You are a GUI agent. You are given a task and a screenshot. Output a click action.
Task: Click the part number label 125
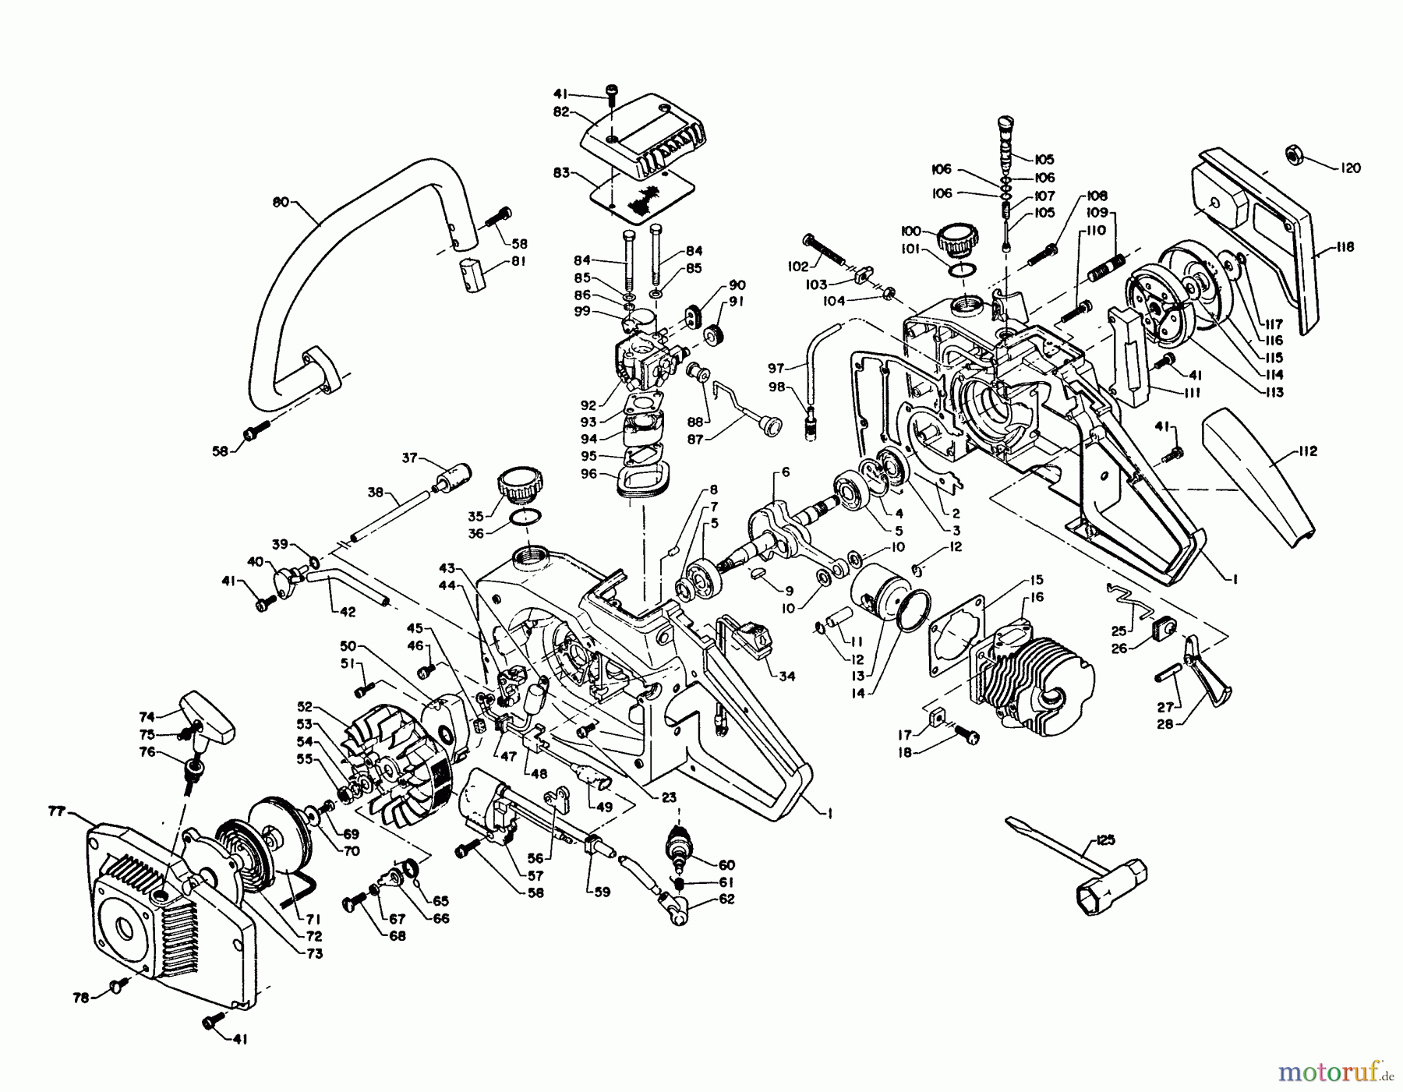[1105, 840]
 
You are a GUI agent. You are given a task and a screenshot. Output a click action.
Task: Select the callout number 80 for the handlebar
[281, 203]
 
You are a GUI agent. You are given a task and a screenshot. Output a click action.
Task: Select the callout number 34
[786, 677]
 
